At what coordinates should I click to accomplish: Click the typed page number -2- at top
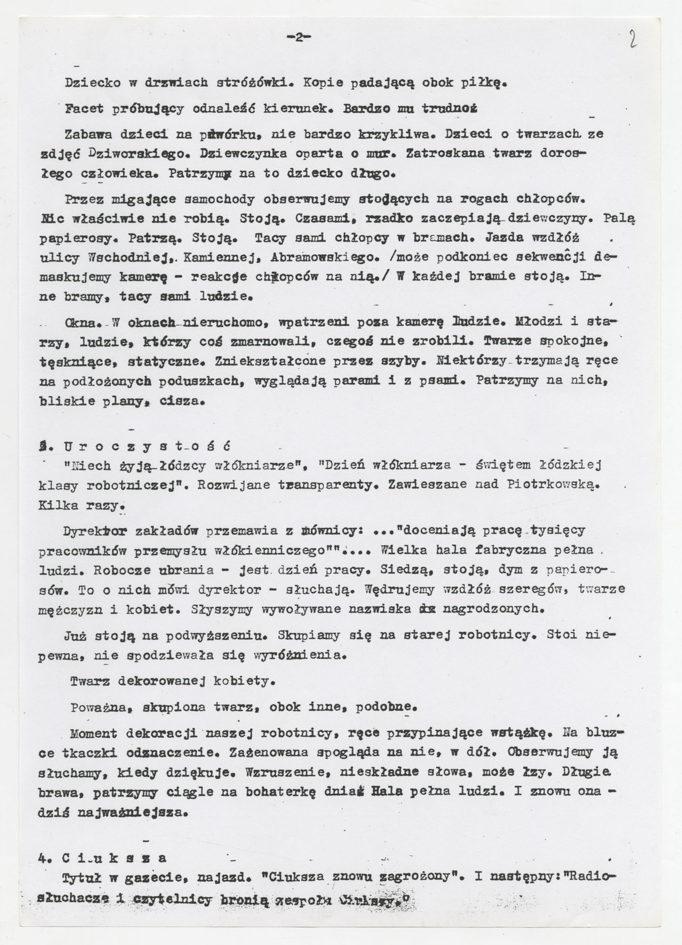tap(299, 37)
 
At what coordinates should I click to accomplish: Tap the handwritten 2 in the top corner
tap(633, 38)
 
